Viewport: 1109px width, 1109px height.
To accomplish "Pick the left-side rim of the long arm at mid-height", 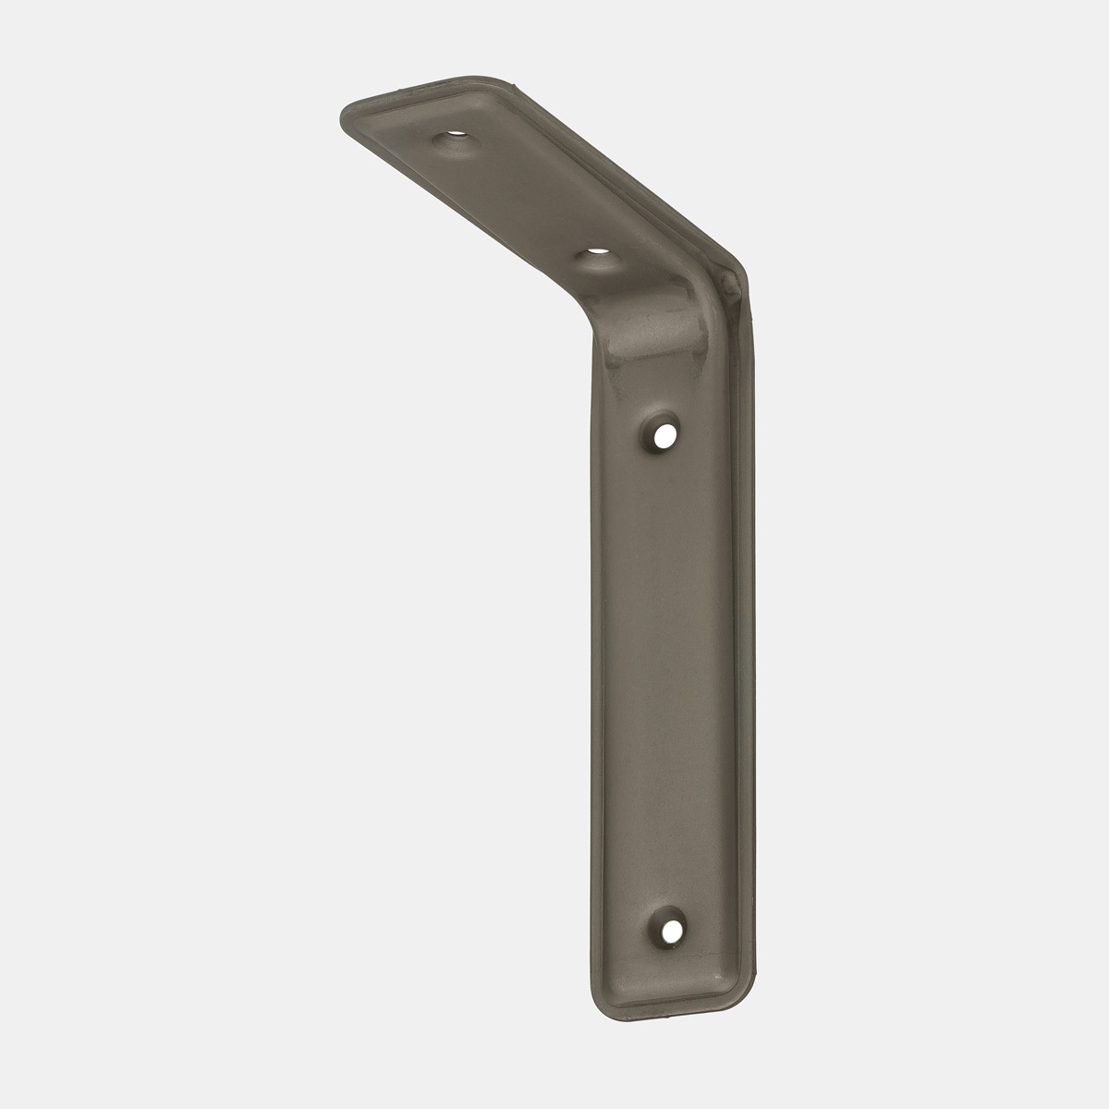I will pyautogui.click(x=594, y=647).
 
